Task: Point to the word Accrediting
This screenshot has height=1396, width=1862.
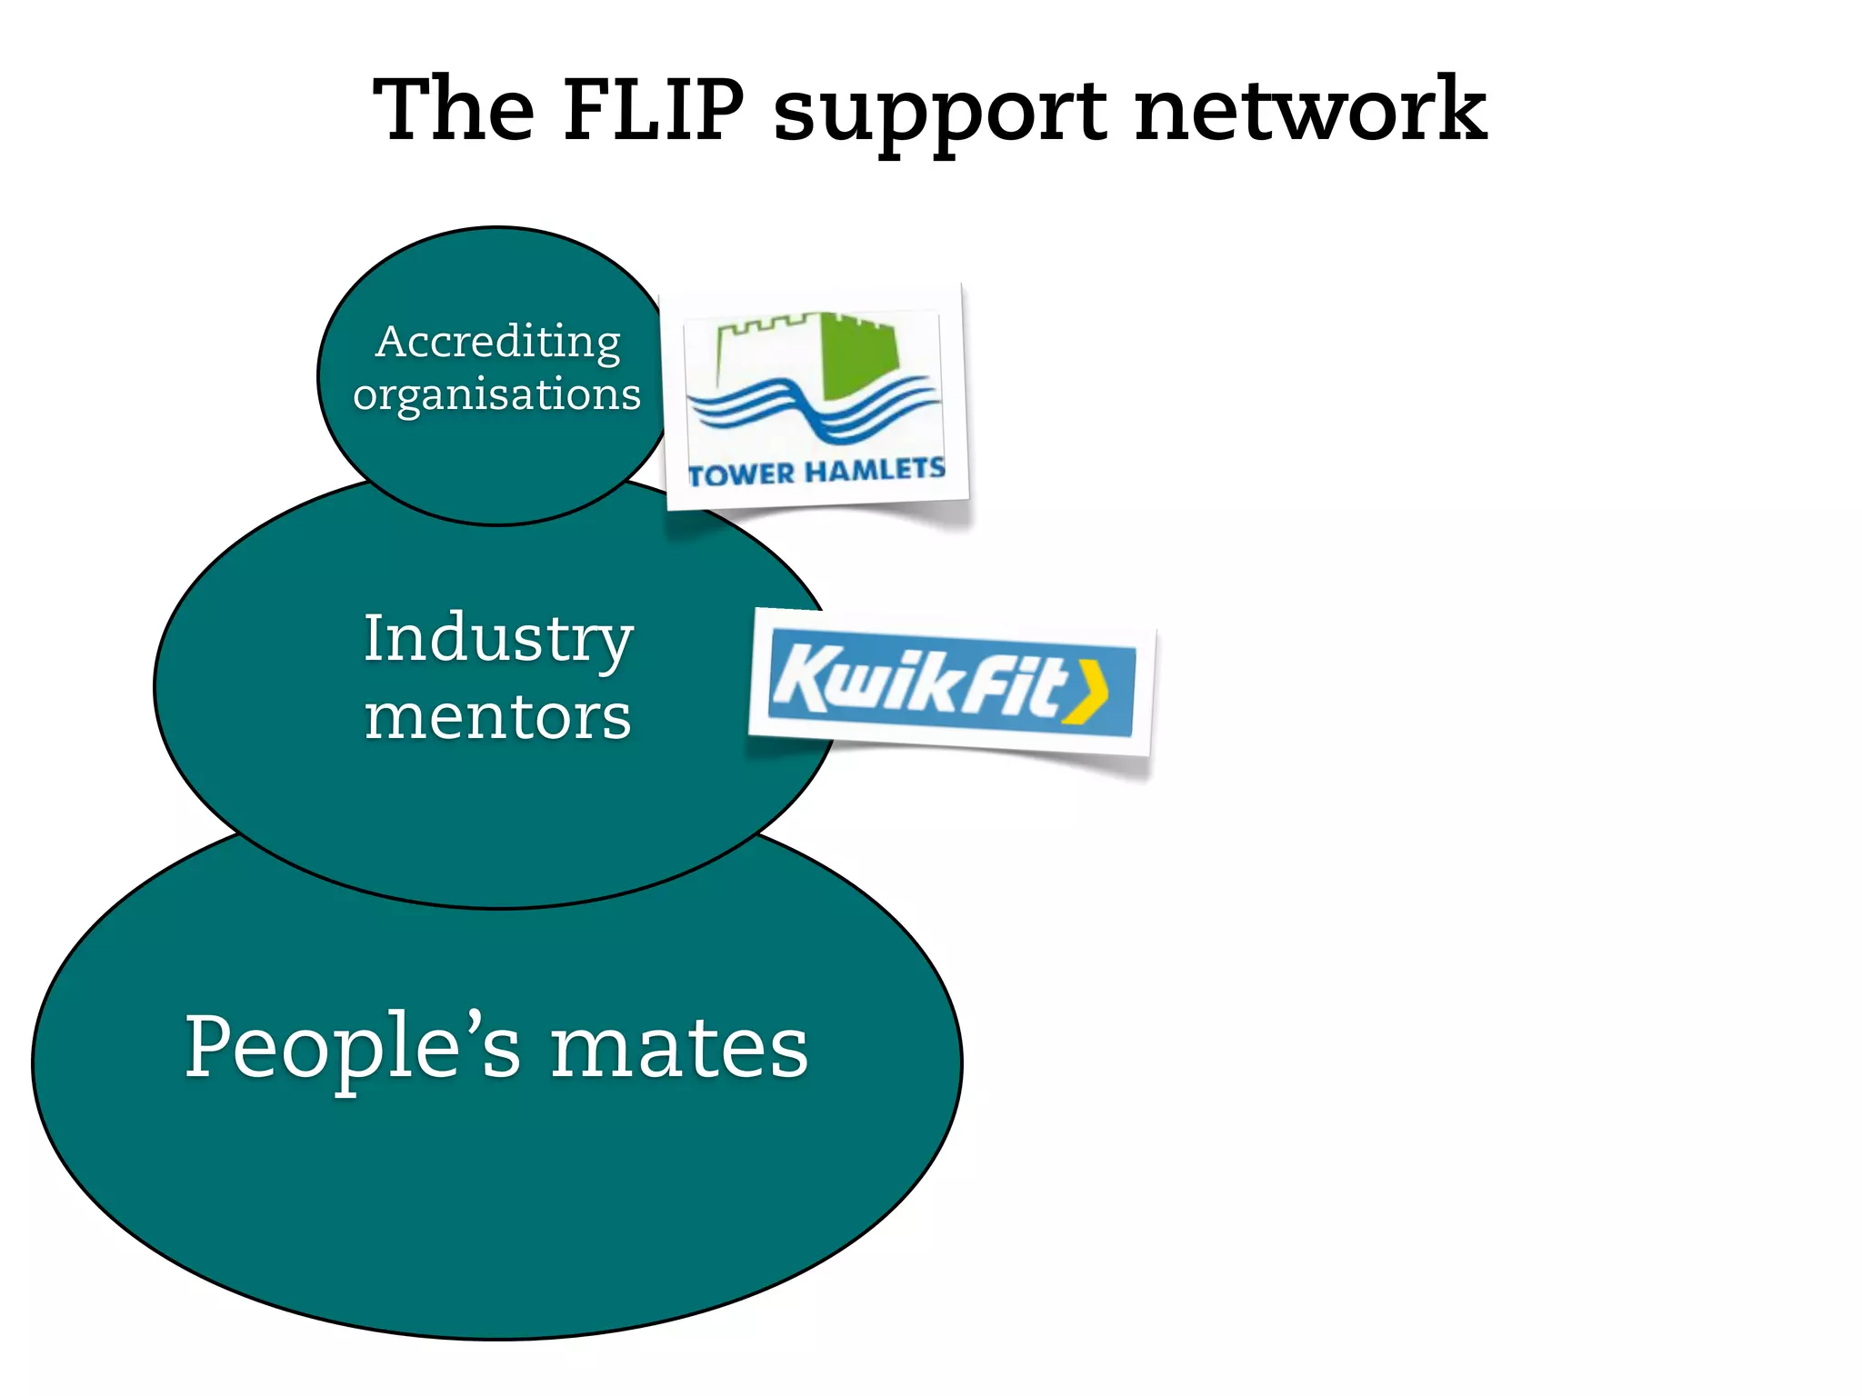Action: pyautogui.click(x=497, y=344)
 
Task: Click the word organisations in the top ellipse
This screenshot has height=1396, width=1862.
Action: pyautogui.click(x=497, y=395)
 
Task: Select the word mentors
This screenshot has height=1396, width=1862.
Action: pyautogui.click(x=498, y=717)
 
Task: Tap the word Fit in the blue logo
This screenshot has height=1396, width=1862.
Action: pyautogui.click(x=1009, y=686)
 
